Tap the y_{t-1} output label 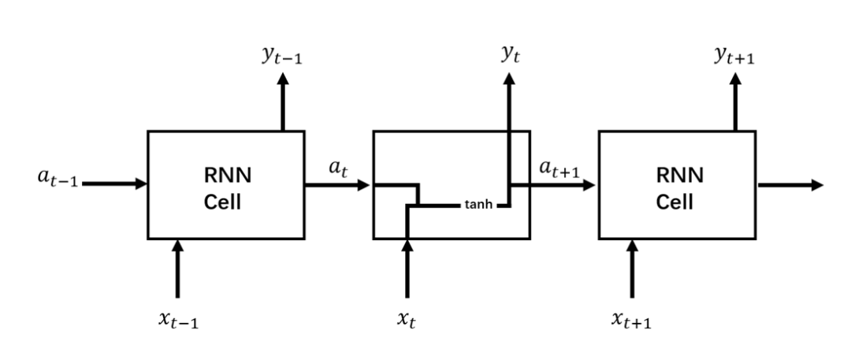pyautogui.click(x=283, y=56)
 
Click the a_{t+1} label pyautogui.click(x=560, y=168)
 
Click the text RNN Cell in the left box pyautogui.click(x=227, y=188)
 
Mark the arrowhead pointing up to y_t pyautogui.click(x=509, y=80)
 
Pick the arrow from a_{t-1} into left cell pyautogui.click(x=114, y=184)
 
